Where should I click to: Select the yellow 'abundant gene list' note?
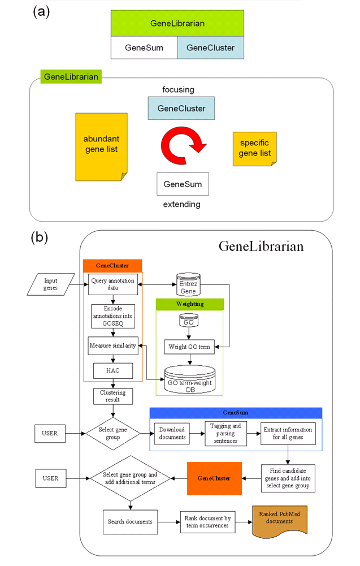tap(101, 147)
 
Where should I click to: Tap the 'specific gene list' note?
tap(255, 149)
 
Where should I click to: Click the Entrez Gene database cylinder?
tap(188, 284)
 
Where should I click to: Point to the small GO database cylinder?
tap(189, 320)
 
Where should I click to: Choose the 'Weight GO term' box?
tap(189, 347)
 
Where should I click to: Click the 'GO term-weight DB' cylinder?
tap(190, 380)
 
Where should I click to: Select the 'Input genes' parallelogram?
tap(51, 284)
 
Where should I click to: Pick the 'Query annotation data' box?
tap(113, 284)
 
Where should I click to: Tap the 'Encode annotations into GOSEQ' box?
tap(113, 316)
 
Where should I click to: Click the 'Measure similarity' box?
tap(113, 346)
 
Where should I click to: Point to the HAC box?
tap(113, 371)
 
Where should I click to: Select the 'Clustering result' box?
tap(113, 396)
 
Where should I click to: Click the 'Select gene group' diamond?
tap(113, 434)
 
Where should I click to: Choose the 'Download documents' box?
tap(172, 434)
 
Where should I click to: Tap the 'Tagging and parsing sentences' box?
tap(226, 434)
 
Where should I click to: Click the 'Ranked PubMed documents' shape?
tap(280, 521)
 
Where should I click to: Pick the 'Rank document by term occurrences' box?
tap(208, 522)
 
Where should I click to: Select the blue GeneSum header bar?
tap(236, 413)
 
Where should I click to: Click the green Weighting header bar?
tap(190, 304)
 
